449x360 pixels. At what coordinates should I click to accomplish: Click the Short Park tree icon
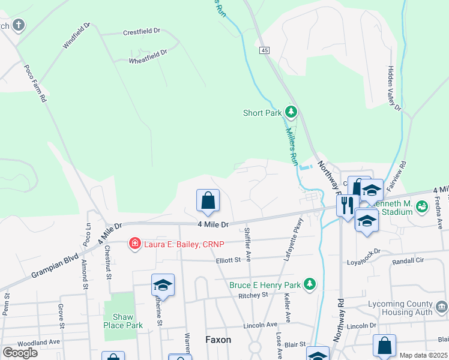pyautogui.click(x=291, y=112)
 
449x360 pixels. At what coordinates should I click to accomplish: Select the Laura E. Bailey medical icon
pyautogui.click(x=135, y=244)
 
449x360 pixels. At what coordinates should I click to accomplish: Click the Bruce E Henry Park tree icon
pyautogui.click(x=310, y=283)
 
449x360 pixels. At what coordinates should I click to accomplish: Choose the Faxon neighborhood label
pyautogui.click(x=218, y=339)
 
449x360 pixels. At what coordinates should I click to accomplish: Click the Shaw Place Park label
pyautogui.click(x=122, y=320)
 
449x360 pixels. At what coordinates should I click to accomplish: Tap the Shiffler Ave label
pyautogui.click(x=247, y=242)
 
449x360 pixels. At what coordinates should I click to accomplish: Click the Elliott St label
pyautogui.click(x=228, y=260)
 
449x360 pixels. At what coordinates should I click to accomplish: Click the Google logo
pyautogui.click(x=20, y=353)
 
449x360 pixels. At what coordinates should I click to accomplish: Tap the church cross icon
pyautogui.click(x=19, y=25)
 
